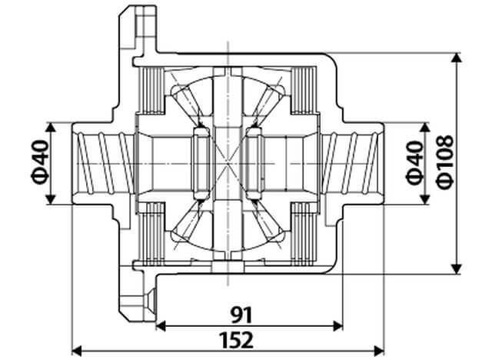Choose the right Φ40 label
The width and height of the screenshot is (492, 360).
pyautogui.click(x=414, y=163)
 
